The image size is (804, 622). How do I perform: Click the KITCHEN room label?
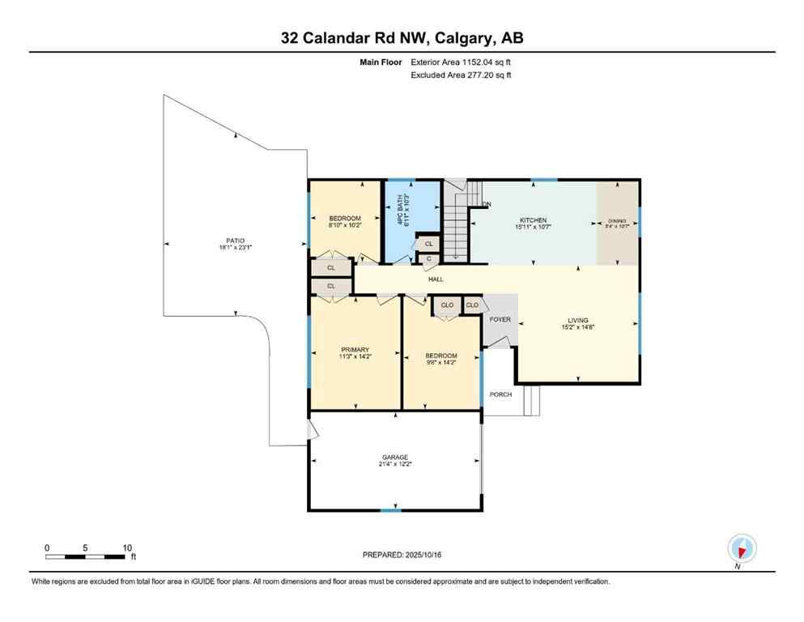click(533, 220)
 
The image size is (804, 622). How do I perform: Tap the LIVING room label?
click(577, 320)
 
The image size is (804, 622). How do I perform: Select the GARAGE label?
click(395, 458)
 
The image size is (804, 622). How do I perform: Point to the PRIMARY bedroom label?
click(355, 350)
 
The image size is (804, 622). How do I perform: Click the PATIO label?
click(235, 241)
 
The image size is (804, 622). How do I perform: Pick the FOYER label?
click(500, 319)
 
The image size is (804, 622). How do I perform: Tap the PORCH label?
click(500, 394)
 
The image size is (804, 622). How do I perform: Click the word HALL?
click(436, 279)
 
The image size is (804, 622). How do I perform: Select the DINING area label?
click(618, 220)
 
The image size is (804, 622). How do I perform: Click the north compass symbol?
click(742, 548)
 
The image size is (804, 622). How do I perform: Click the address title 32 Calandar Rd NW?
click(402, 38)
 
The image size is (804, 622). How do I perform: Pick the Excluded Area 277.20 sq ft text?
click(462, 75)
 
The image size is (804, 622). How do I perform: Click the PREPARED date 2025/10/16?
click(402, 555)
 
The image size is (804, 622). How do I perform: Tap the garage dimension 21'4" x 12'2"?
click(395, 465)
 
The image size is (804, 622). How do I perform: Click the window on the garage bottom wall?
click(391, 509)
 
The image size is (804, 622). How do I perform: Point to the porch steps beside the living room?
click(531, 400)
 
